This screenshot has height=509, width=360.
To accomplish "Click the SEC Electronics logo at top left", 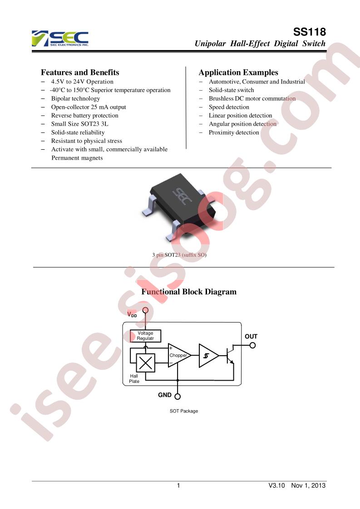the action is coord(60,38).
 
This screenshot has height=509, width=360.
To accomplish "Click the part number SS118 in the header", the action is coord(309,32).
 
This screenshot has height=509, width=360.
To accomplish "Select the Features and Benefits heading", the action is coord(80,73).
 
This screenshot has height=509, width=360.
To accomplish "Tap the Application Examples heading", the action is coord(238,73).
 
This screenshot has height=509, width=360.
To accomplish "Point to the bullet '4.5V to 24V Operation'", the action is coord(82,82).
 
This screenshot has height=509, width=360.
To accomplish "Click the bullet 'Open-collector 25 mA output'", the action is coord(89,107).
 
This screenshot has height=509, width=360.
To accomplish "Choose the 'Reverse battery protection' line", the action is coord(85,116).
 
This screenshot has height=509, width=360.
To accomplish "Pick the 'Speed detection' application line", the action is coord(229,107).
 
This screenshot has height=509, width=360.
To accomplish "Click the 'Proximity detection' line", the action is coord(234,132).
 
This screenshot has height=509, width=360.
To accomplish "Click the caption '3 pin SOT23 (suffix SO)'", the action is coord(179,255).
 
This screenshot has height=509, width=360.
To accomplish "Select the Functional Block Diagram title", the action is coord(189,292).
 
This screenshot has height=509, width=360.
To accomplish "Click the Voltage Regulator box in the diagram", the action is coord(145,336).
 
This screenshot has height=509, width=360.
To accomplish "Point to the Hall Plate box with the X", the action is coord(145,362).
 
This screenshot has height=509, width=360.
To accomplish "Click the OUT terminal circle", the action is coord(252,345).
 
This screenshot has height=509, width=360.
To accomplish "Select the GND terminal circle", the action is coord(178,396).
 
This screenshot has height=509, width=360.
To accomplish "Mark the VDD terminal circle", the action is coord(146,310).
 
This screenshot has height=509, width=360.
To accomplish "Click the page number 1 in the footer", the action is coord(178,485).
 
